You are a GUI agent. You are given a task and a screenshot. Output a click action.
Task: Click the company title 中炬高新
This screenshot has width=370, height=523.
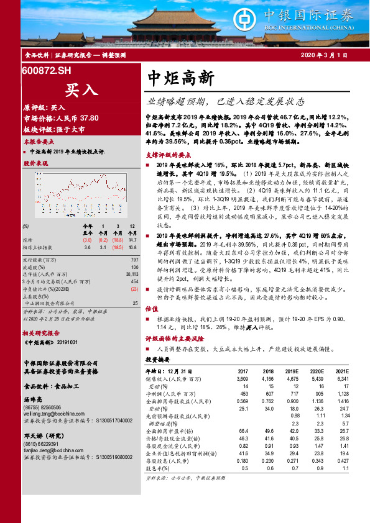click(x=181, y=78)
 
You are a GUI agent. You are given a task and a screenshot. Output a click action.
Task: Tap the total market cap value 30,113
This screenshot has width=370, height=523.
click(x=130, y=273)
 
